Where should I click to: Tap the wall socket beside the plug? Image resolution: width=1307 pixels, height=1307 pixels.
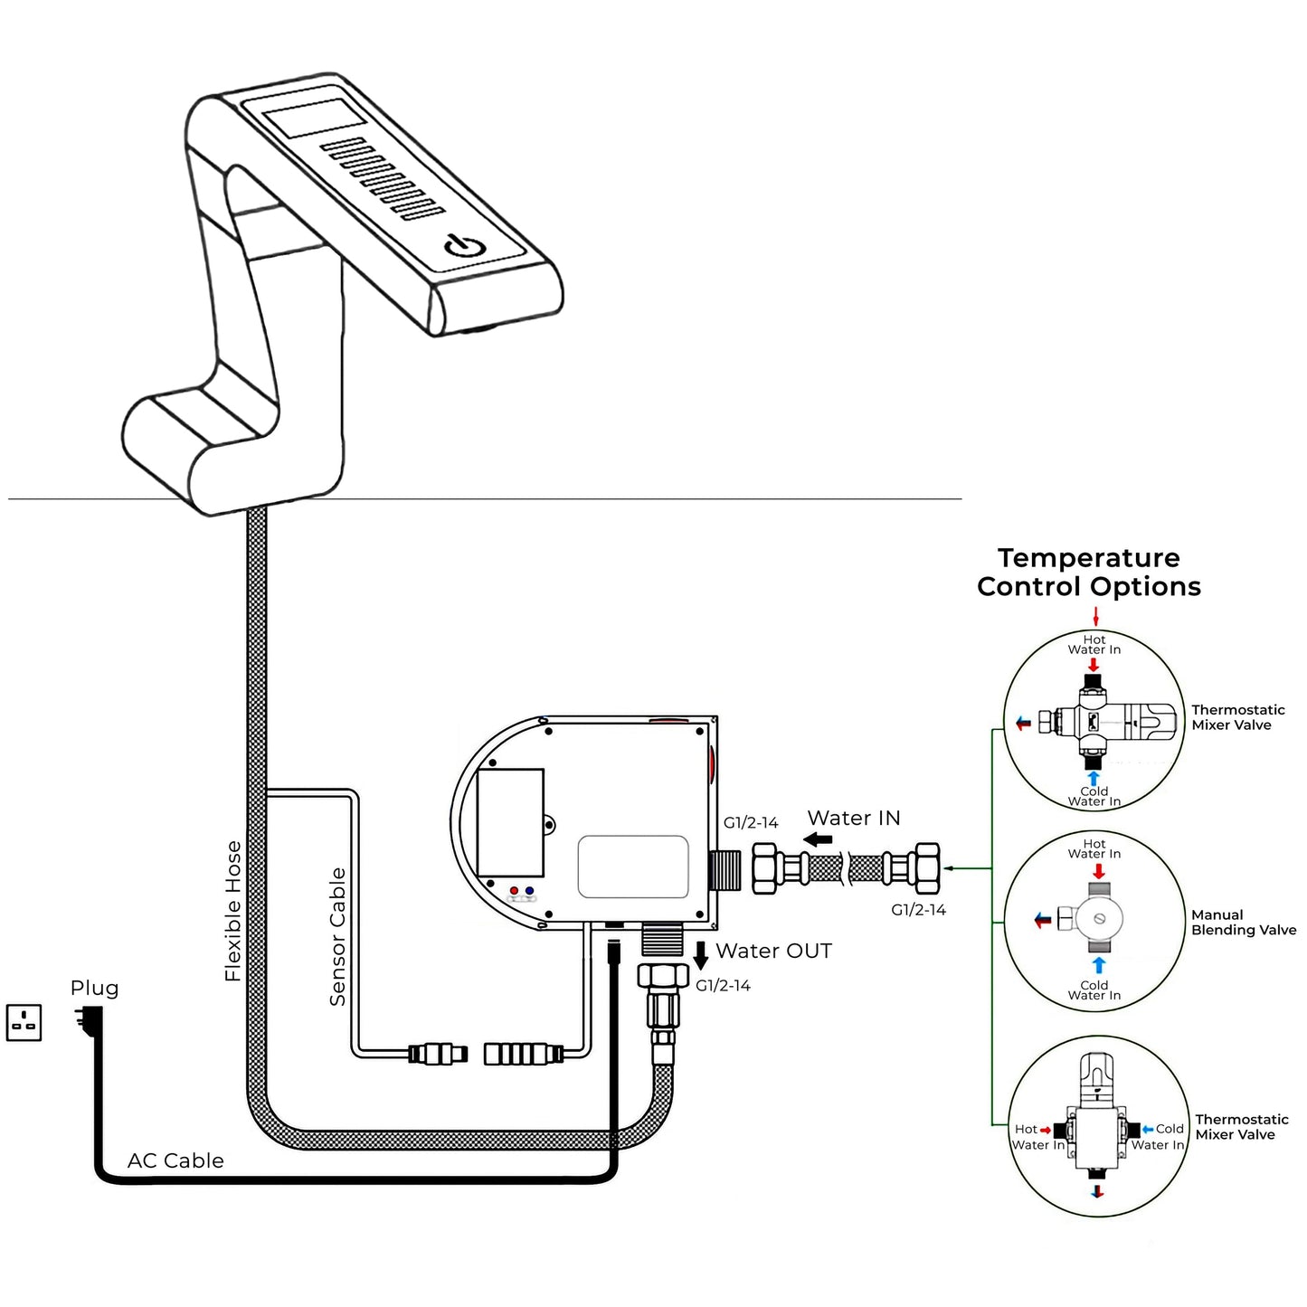(x=24, y=1022)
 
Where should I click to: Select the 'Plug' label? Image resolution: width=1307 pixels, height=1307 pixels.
(x=94, y=988)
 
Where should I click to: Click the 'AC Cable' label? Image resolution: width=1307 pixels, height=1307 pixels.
(x=175, y=1160)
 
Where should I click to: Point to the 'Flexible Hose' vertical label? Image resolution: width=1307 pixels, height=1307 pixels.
(x=233, y=911)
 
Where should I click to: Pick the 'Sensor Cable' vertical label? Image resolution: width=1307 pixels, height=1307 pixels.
(x=337, y=936)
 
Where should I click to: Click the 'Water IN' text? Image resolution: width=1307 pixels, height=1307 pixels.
(x=853, y=818)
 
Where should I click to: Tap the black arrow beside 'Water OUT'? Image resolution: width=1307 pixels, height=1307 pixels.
(x=700, y=955)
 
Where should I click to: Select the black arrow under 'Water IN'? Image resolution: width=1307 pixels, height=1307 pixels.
(x=818, y=839)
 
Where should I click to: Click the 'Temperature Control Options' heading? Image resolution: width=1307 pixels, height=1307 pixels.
(x=1089, y=572)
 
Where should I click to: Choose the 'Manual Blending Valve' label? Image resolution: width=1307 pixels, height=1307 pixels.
(x=1243, y=923)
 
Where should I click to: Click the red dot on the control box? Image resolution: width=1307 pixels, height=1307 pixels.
(x=514, y=891)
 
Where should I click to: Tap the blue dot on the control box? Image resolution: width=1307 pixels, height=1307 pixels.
(x=529, y=891)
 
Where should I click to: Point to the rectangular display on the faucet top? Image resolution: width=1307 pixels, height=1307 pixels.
(x=314, y=118)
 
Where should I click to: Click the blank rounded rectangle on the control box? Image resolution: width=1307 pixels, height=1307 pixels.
(x=633, y=867)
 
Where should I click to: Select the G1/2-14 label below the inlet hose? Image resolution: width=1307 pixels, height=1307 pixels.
(x=918, y=910)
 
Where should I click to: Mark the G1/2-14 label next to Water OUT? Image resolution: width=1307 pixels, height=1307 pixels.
(x=723, y=986)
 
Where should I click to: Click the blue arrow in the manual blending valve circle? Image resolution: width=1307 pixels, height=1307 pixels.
(x=1098, y=965)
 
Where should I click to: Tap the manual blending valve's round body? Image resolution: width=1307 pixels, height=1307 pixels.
(x=1099, y=919)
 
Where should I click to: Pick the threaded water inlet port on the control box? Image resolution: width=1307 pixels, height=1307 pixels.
(x=725, y=870)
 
